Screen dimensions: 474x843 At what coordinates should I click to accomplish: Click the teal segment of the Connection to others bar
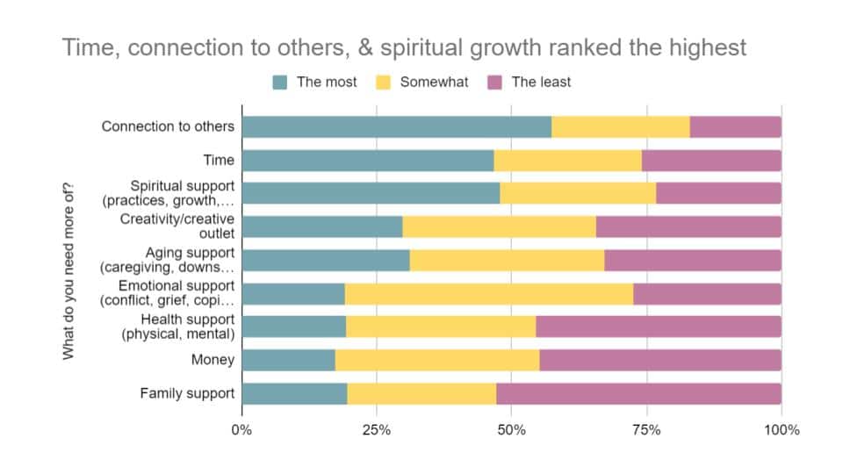point(396,126)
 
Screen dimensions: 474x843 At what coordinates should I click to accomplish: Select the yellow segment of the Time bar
point(567,160)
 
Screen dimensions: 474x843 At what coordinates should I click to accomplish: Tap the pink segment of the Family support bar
point(638,393)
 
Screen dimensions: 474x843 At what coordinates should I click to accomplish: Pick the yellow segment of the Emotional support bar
point(488,293)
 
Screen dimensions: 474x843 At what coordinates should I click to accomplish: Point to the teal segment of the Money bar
point(288,360)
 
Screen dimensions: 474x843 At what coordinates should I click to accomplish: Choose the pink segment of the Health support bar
point(659,327)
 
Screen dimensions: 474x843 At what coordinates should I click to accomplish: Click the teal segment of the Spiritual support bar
point(371,193)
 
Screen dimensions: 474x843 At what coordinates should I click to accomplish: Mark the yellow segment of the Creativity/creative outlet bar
point(499,226)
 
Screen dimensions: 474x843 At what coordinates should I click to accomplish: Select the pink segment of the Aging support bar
point(693,260)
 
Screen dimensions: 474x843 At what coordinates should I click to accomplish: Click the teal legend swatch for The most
point(280,83)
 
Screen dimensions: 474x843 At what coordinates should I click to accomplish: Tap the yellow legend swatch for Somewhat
point(383,83)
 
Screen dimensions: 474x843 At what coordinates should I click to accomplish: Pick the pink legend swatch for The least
point(495,83)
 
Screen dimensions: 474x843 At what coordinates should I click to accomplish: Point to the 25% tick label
point(377,430)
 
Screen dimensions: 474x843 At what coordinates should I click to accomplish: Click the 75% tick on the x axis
point(647,430)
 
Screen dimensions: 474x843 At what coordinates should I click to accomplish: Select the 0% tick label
point(241,430)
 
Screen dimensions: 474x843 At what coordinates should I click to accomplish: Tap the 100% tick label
point(781,430)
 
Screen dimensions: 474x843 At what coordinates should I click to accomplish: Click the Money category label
point(213,360)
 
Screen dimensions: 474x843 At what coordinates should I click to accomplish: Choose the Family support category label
point(187,393)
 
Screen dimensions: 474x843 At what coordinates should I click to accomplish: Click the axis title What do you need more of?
point(68,269)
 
